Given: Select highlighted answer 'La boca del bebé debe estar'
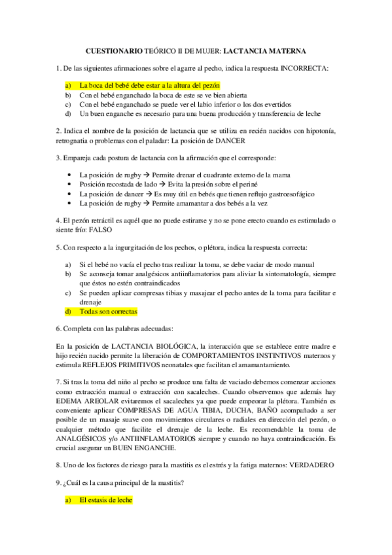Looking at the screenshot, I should point(149,86).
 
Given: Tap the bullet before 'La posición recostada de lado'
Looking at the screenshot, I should point(70,185).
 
